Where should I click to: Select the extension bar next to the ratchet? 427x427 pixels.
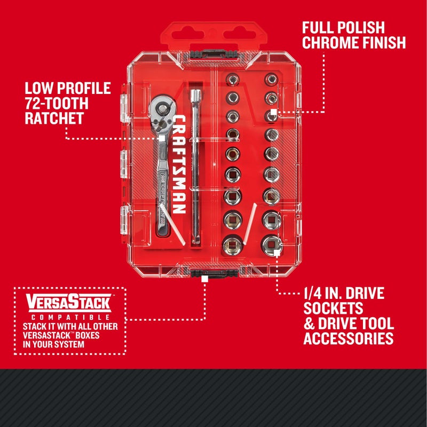pos(194,165)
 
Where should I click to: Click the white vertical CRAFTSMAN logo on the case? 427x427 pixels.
pos(179,164)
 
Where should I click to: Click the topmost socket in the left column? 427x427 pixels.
pos(233,80)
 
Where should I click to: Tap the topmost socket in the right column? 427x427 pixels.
pos(271,80)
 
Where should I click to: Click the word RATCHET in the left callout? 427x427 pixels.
pos(54,118)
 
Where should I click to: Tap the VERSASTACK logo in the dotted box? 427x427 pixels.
pos(68,304)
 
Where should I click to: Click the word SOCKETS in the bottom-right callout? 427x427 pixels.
pos(333,308)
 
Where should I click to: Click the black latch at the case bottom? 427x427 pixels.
pos(205,275)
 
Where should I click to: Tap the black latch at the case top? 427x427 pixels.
pos(205,54)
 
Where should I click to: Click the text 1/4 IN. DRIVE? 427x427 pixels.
pos(343,293)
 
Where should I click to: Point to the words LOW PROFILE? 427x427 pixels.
pos(67,88)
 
